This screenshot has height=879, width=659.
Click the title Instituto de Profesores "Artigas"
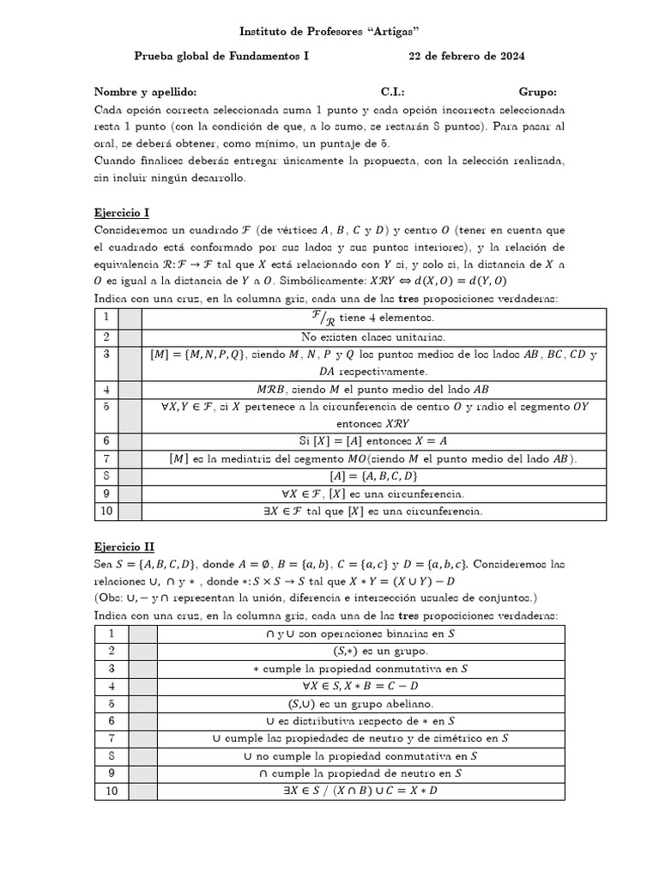[329, 32]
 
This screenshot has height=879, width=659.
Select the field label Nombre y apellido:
[145, 92]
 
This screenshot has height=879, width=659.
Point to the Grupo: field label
[537, 92]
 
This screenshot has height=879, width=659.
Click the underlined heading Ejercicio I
[121, 212]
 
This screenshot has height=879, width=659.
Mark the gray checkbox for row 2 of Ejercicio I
[130, 336]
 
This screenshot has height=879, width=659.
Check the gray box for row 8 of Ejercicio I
[130, 476]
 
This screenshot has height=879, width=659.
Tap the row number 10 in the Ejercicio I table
[106, 512]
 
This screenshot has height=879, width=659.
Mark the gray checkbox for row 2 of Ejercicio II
[142, 651]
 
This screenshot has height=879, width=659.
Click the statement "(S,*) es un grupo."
[360, 651]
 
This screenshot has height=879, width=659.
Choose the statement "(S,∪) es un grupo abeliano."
[360, 703]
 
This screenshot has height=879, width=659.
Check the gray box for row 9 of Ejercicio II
[142, 773]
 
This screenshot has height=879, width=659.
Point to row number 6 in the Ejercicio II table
[112, 721]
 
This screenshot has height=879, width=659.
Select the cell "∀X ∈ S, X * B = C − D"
[360, 686]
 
